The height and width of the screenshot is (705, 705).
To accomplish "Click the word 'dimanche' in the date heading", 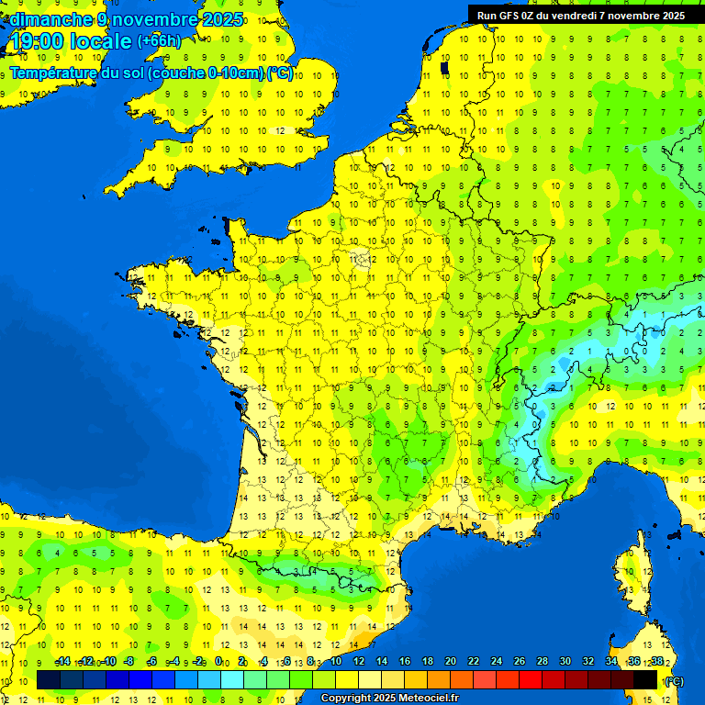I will click(x=48, y=19).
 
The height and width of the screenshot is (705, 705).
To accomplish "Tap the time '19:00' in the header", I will click(x=38, y=41).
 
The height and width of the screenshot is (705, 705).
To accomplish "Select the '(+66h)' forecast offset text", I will click(x=159, y=41).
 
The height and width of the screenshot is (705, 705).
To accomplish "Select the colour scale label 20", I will click(x=451, y=661).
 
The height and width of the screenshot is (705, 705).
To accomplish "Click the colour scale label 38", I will click(x=657, y=661).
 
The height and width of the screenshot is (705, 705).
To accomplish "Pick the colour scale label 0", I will click(x=219, y=661).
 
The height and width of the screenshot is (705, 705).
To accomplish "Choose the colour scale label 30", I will click(x=565, y=661).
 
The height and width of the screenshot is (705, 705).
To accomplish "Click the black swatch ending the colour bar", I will click(x=645, y=680).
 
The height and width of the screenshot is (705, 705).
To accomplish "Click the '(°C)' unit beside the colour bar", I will click(x=673, y=681).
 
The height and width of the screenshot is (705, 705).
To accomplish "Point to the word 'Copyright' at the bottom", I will click(x=347, y=699).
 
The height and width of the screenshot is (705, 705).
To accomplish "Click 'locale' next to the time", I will click(x=99, y=41).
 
